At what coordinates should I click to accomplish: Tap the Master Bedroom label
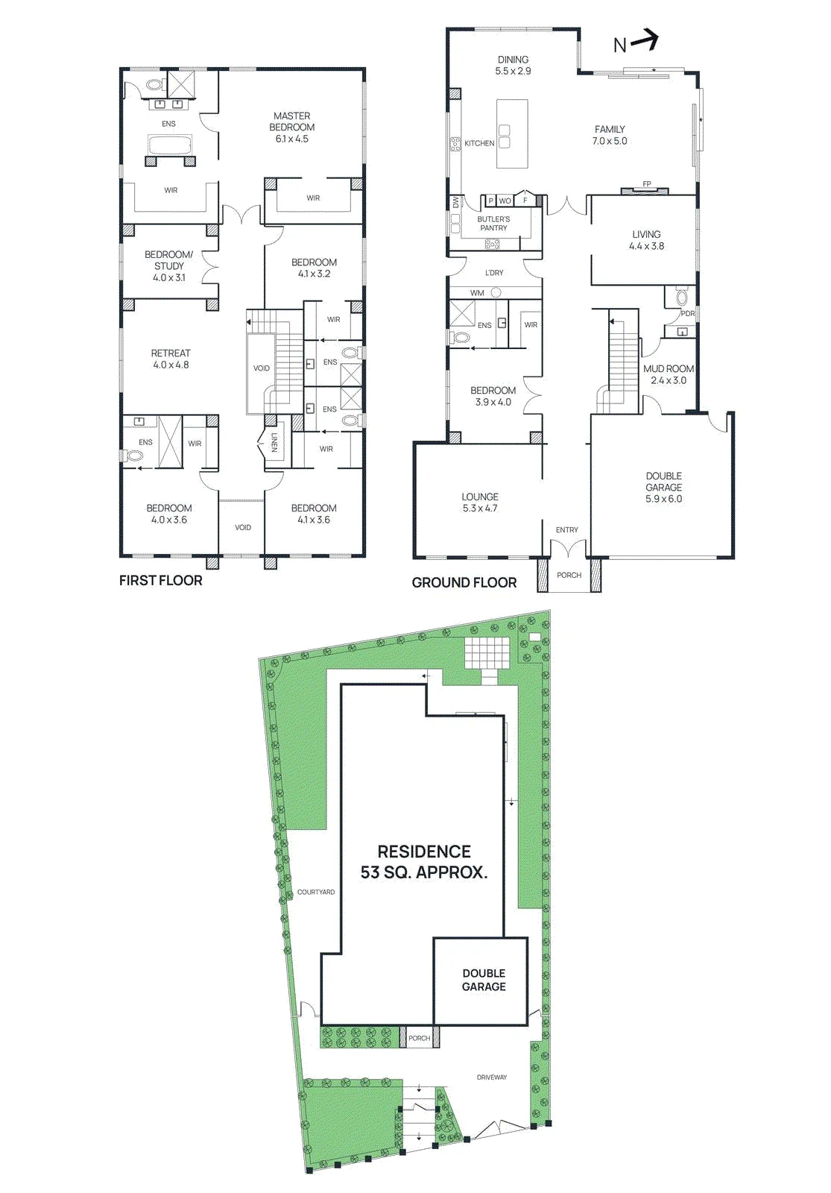tap(291, 128)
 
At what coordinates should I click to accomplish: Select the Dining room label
tap(514, 65)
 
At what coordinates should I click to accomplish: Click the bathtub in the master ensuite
tap(171, 145)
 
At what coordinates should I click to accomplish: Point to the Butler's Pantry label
tap(493, 223)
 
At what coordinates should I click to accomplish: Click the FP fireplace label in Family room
tap(647, 183)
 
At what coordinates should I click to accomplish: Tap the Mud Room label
tap(669, 374)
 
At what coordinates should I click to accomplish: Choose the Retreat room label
tap(171, 359)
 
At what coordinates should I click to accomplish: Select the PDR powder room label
tap(688, 314)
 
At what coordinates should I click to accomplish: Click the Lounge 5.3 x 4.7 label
tap(480, 503)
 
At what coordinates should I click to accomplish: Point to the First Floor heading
tap(161, 580)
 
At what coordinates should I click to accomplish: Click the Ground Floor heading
tap(464, 582)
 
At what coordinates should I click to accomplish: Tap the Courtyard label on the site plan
tap(316, 892)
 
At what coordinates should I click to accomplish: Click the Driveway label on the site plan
tap(492, 1077)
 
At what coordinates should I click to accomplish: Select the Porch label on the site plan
tap(420, 1038)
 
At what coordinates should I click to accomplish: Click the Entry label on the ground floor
tap(567, 529)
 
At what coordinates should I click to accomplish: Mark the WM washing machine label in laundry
tap(477, 293)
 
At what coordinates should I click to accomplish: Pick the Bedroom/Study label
tap(168, 265)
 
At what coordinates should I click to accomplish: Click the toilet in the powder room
tap(681, 296)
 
